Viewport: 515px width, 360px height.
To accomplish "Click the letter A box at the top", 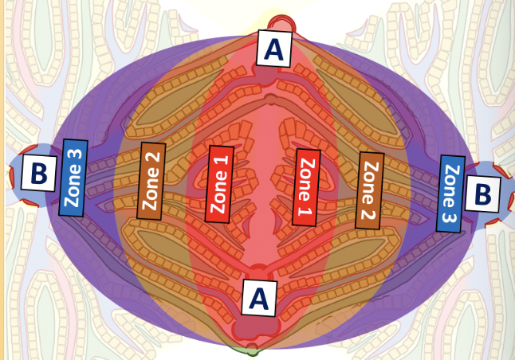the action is click(x=273, y=49).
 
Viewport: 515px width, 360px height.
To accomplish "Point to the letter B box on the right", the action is click(x=482, y=192).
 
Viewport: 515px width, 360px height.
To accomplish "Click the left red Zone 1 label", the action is click(x=220, y=183).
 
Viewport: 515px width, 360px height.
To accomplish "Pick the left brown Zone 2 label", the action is click(x=151, y=180).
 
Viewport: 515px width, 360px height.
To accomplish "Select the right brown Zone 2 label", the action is click(x=368, y=190).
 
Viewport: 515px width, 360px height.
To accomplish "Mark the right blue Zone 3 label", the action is click(x=451, y=194).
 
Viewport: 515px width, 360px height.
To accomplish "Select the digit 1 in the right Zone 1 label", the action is click(x=304, y=212).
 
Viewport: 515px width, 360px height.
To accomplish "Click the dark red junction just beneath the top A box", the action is click(x=268, y=76).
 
